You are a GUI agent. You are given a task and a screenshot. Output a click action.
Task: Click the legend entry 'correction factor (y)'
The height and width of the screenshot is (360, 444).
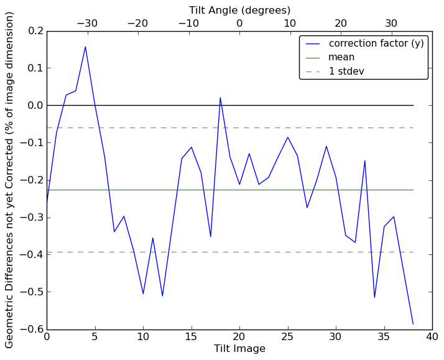pyautogui.click(x=376, y=44)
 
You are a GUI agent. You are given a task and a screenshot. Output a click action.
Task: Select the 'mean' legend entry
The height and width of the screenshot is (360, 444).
pyautogui.click(x=341, y=57)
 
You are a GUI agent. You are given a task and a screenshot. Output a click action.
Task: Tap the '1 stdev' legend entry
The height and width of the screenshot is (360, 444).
pyautogui.click(x=346, y=72)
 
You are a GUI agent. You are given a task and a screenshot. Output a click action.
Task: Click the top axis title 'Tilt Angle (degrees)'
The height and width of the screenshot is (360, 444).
pyautogui.click(x=239, y=10)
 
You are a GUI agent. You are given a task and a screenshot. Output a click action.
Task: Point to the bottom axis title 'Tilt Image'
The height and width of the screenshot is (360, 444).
pyautogui.click(x=239, y=349)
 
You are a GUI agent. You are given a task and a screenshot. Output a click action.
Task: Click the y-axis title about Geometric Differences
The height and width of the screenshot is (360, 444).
pyautogui.click(x=10, y=180)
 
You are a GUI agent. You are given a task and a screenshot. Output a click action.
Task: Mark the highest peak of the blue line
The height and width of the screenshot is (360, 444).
pyautogui.click(x=85, y=47)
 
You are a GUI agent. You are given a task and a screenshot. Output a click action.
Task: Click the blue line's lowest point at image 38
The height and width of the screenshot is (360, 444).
pyautogui.click(x=413, y=324)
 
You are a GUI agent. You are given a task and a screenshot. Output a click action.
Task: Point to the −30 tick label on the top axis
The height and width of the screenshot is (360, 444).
pyautogui.click(x=86, y=24)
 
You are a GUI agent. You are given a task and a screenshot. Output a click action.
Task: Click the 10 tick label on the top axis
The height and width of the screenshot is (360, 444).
pyautogui.click(x=290, y=24)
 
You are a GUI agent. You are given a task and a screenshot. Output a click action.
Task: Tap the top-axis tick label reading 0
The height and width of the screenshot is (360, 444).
pyautogui.click(x=239, y=24)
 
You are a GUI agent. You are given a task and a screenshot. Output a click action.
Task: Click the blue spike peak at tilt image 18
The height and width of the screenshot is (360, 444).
pyautogui.click(x=220, y=97)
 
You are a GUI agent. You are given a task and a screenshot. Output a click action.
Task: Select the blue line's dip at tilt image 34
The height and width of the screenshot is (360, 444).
pyautogui.click(x=374, y=297)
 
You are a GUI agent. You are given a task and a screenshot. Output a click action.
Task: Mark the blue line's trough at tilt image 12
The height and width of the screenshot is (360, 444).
pyautogui.click(x=162, y=296)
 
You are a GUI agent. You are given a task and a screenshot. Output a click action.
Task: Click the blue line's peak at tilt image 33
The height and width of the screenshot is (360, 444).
pyautogui.click(x=365, y=160)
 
